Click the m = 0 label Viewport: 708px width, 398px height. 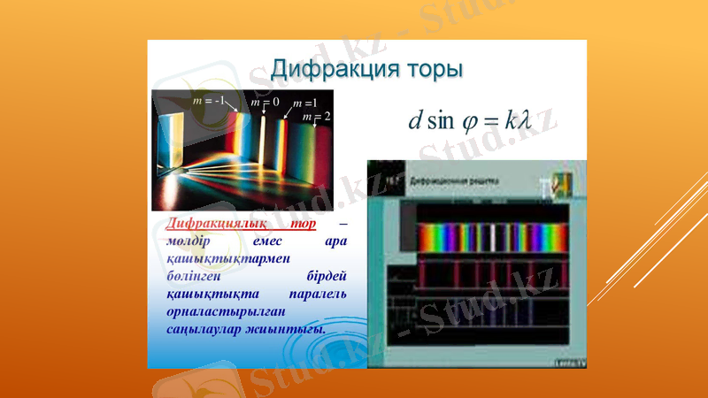(265, 103)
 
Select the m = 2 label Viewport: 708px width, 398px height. (316, 116)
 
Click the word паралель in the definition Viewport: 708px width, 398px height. (318, 293)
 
